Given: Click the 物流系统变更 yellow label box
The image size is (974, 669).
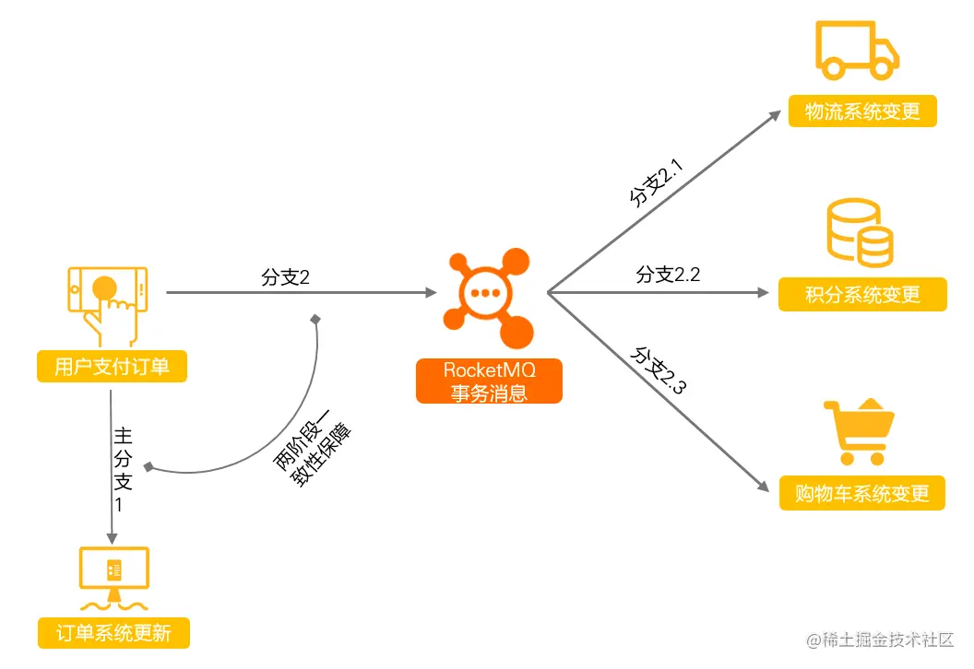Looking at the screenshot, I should coord(862,111).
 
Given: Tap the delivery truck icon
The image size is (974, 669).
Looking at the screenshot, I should coord(856,52).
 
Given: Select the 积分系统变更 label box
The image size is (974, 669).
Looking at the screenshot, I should coord(862,295).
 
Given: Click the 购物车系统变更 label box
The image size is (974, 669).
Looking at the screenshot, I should coord(862,492).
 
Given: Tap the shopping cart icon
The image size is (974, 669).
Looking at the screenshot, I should coord(859,432).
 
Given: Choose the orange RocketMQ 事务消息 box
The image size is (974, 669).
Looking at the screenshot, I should coord(489,381).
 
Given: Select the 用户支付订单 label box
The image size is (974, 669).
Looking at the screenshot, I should coord(112,367).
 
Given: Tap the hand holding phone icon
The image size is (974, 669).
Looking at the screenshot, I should coord(106,303).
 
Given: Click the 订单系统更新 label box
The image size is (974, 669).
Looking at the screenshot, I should coord(113,633).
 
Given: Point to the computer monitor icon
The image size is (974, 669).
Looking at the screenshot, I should coord(114,577).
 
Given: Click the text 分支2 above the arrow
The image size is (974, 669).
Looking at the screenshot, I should coord(285,277).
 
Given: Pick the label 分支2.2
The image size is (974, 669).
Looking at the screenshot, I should coord(669,275).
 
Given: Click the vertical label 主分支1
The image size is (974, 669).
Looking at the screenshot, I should coord(123,469).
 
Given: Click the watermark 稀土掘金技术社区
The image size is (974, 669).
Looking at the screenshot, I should coord(880,640).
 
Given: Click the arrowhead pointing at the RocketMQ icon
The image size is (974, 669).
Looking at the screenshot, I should coord(430,293).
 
